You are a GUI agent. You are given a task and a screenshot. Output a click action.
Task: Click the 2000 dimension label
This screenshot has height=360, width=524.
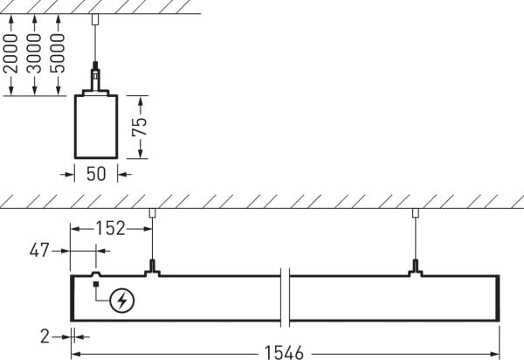coord(11,53)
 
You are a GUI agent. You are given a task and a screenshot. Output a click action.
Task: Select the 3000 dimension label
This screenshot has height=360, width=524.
coord(34,53)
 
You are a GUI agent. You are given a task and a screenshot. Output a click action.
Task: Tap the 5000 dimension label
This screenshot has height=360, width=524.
coord(59,53)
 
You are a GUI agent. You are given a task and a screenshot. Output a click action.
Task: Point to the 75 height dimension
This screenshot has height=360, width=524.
coord(140,127)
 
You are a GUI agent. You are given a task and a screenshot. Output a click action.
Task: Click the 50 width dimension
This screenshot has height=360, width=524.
coord(96,174)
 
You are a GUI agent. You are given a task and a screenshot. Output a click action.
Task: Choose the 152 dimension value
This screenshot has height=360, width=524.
coord(110,229)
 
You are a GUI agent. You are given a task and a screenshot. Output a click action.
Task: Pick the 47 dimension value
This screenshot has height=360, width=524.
coord(39,251)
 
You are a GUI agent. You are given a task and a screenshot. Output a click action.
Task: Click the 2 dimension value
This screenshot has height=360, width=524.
coord(45,336)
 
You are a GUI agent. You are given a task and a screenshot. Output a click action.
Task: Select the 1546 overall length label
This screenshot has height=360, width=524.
coord(284,353)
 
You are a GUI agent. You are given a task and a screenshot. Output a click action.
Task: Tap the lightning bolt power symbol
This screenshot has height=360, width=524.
coord(122,301)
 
